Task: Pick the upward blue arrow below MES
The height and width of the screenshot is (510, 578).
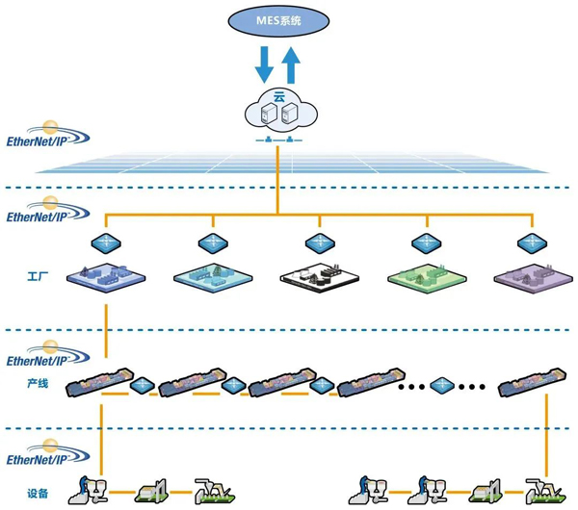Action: click(291, 68)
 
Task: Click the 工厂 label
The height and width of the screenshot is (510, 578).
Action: click(39, 277)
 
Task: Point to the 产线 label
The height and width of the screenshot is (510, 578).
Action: click(39, 383)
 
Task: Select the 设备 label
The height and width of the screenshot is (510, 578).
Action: click(39, 493)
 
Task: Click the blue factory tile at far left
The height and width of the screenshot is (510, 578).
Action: click(105, 278)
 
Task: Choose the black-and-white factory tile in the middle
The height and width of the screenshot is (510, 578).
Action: click(318, 278)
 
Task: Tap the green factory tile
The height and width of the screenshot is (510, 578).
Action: click(425, 278)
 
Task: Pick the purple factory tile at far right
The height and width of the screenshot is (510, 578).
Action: click(527, 278)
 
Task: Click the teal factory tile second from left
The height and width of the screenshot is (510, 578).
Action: click(212, 278)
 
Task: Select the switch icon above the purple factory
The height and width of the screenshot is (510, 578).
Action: click(527, 241)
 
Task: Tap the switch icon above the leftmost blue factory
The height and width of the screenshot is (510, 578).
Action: click(105, 241)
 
